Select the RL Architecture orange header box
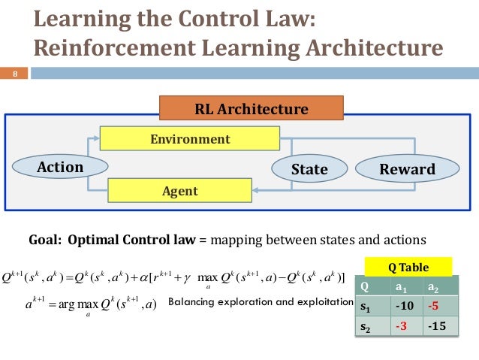pos(252,109)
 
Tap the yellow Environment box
pos(190,139)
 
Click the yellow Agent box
pos(179,191)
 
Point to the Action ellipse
pos(60,167)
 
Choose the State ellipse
pos(309,169)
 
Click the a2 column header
pos(437,286)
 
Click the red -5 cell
pos(437,306)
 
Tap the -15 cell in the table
pos(437,326)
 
